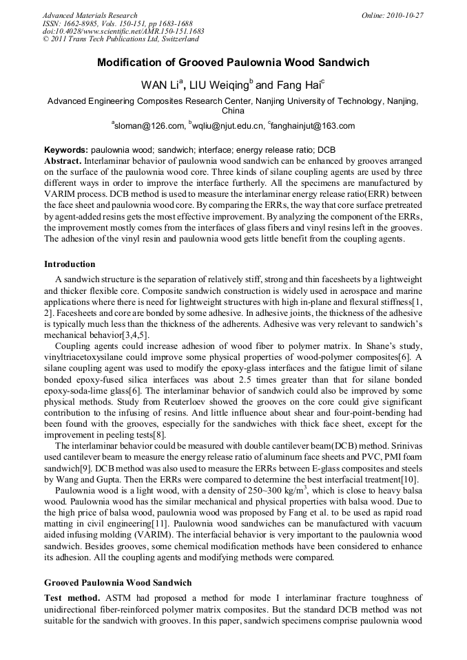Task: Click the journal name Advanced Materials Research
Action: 90,15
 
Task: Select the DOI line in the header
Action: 123,31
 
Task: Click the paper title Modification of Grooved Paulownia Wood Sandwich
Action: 233,63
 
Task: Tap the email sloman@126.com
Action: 150,126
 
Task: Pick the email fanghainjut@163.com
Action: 312,126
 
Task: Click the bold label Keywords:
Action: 66,150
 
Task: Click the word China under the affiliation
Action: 233,110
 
